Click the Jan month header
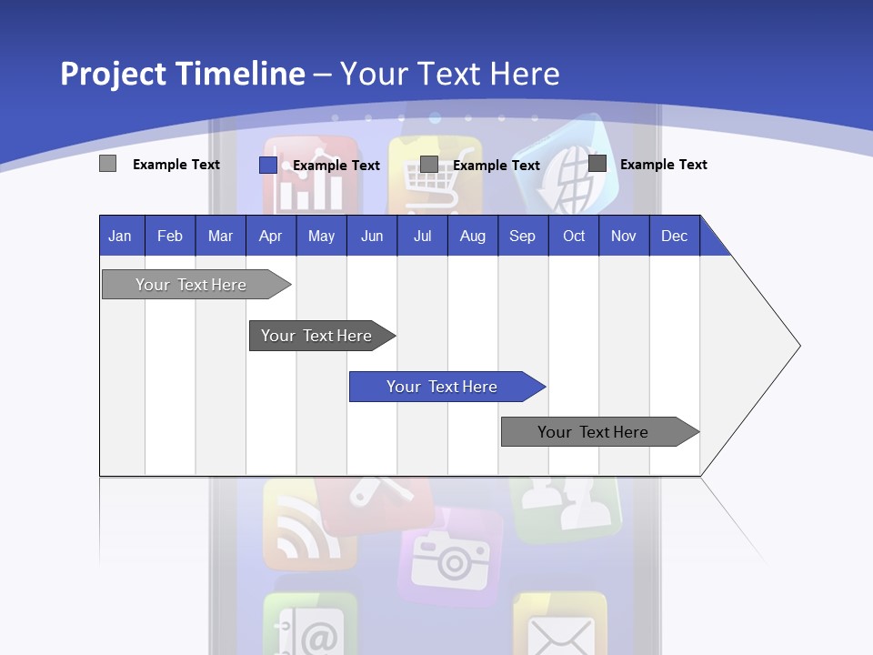coord(120,236)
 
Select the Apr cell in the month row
coord(270,236)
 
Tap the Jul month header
coord(422,236)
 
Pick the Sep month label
coord(522,236)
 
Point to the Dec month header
coord(674,236)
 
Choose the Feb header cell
coord(170,236)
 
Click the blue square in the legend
coord(267,165)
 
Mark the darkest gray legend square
coord(597,164)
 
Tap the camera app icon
coord(451,557)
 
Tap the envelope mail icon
coord(560,628)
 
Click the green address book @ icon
coord(310,628)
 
